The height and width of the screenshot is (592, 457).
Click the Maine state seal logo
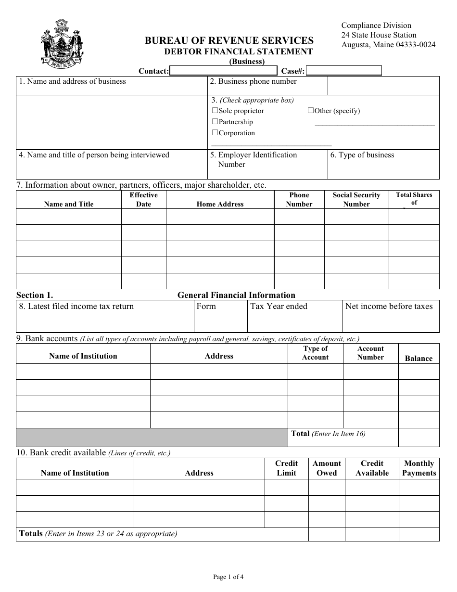click(62, 44)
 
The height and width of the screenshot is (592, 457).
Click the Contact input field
click(223, 71)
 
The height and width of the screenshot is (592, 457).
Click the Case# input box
click(344, 71)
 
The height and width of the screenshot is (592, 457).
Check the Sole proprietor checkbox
click(215, 111)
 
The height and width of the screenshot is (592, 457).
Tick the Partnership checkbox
click(215, 122)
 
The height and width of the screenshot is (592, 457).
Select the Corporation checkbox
click(215, 133)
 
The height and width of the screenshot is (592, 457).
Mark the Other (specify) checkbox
click(311, 111)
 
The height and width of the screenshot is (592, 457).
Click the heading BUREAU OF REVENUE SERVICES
click(229, 41)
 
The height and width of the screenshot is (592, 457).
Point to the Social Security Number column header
click(356, 199)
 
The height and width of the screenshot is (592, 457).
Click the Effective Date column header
click(143, 199)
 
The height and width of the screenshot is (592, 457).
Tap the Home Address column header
click(220, 204)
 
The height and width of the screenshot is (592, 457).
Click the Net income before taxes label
click(389, 307)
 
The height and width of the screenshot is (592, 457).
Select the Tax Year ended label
click(279, 307)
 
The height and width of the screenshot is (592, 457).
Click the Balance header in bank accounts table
click(419, 359)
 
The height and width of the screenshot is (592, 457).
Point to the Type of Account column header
click(315, 353)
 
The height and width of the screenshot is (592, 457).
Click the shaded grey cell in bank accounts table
click(152, 438)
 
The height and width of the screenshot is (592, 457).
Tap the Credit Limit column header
click(286, 468)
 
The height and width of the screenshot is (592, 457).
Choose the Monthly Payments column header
click(419, 468)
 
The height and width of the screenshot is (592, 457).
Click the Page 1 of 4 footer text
click(228, 577)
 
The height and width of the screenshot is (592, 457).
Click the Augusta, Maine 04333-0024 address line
click(388, 45)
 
